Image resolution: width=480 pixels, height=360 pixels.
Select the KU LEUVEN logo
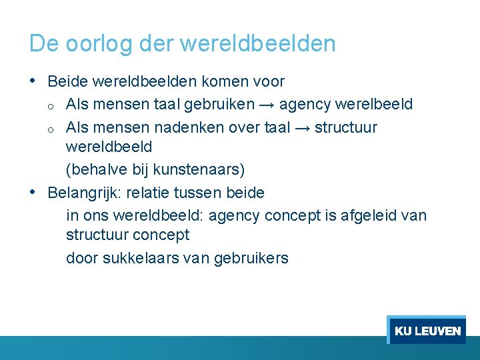(427, 331)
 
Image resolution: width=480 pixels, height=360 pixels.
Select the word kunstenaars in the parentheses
(196, 170)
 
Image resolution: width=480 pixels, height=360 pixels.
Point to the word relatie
(157, 193)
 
